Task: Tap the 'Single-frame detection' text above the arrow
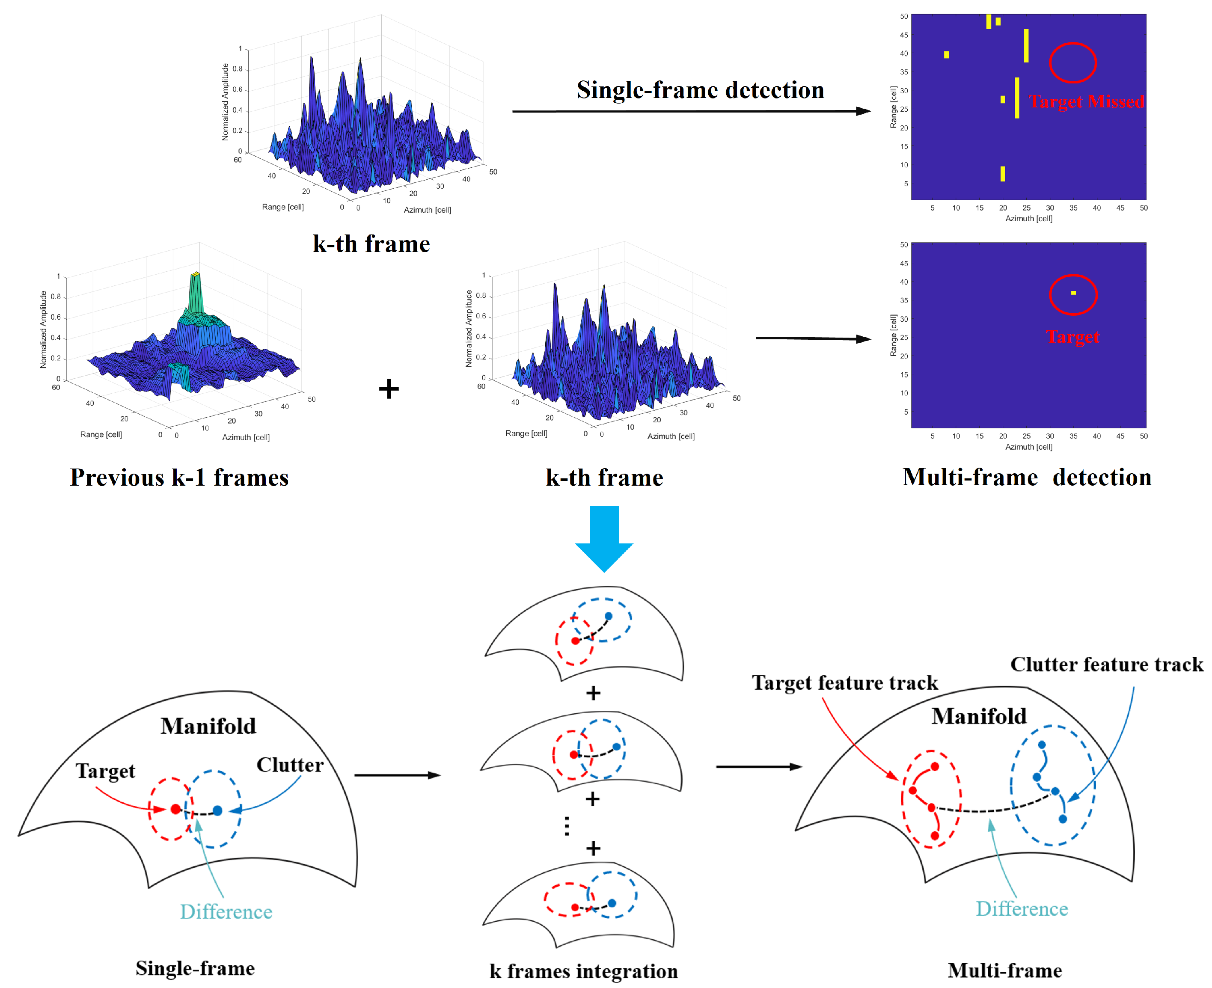point(700,90)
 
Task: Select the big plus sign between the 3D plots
point(389,389)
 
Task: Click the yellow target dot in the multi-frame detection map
point(1073,293)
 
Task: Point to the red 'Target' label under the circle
point(1072,336)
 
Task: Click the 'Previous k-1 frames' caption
point(179,477)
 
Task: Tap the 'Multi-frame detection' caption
point(1027,477)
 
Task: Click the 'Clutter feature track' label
point(1106,664)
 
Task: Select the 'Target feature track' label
point(844,682)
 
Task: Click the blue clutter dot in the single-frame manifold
point(217,810)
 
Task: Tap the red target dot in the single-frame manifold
point(175,809)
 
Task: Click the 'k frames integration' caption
point(583,971)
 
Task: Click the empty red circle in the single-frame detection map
point(1072,62)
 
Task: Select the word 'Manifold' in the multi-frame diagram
point(979,716)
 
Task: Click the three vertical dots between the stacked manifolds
point(567,826)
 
